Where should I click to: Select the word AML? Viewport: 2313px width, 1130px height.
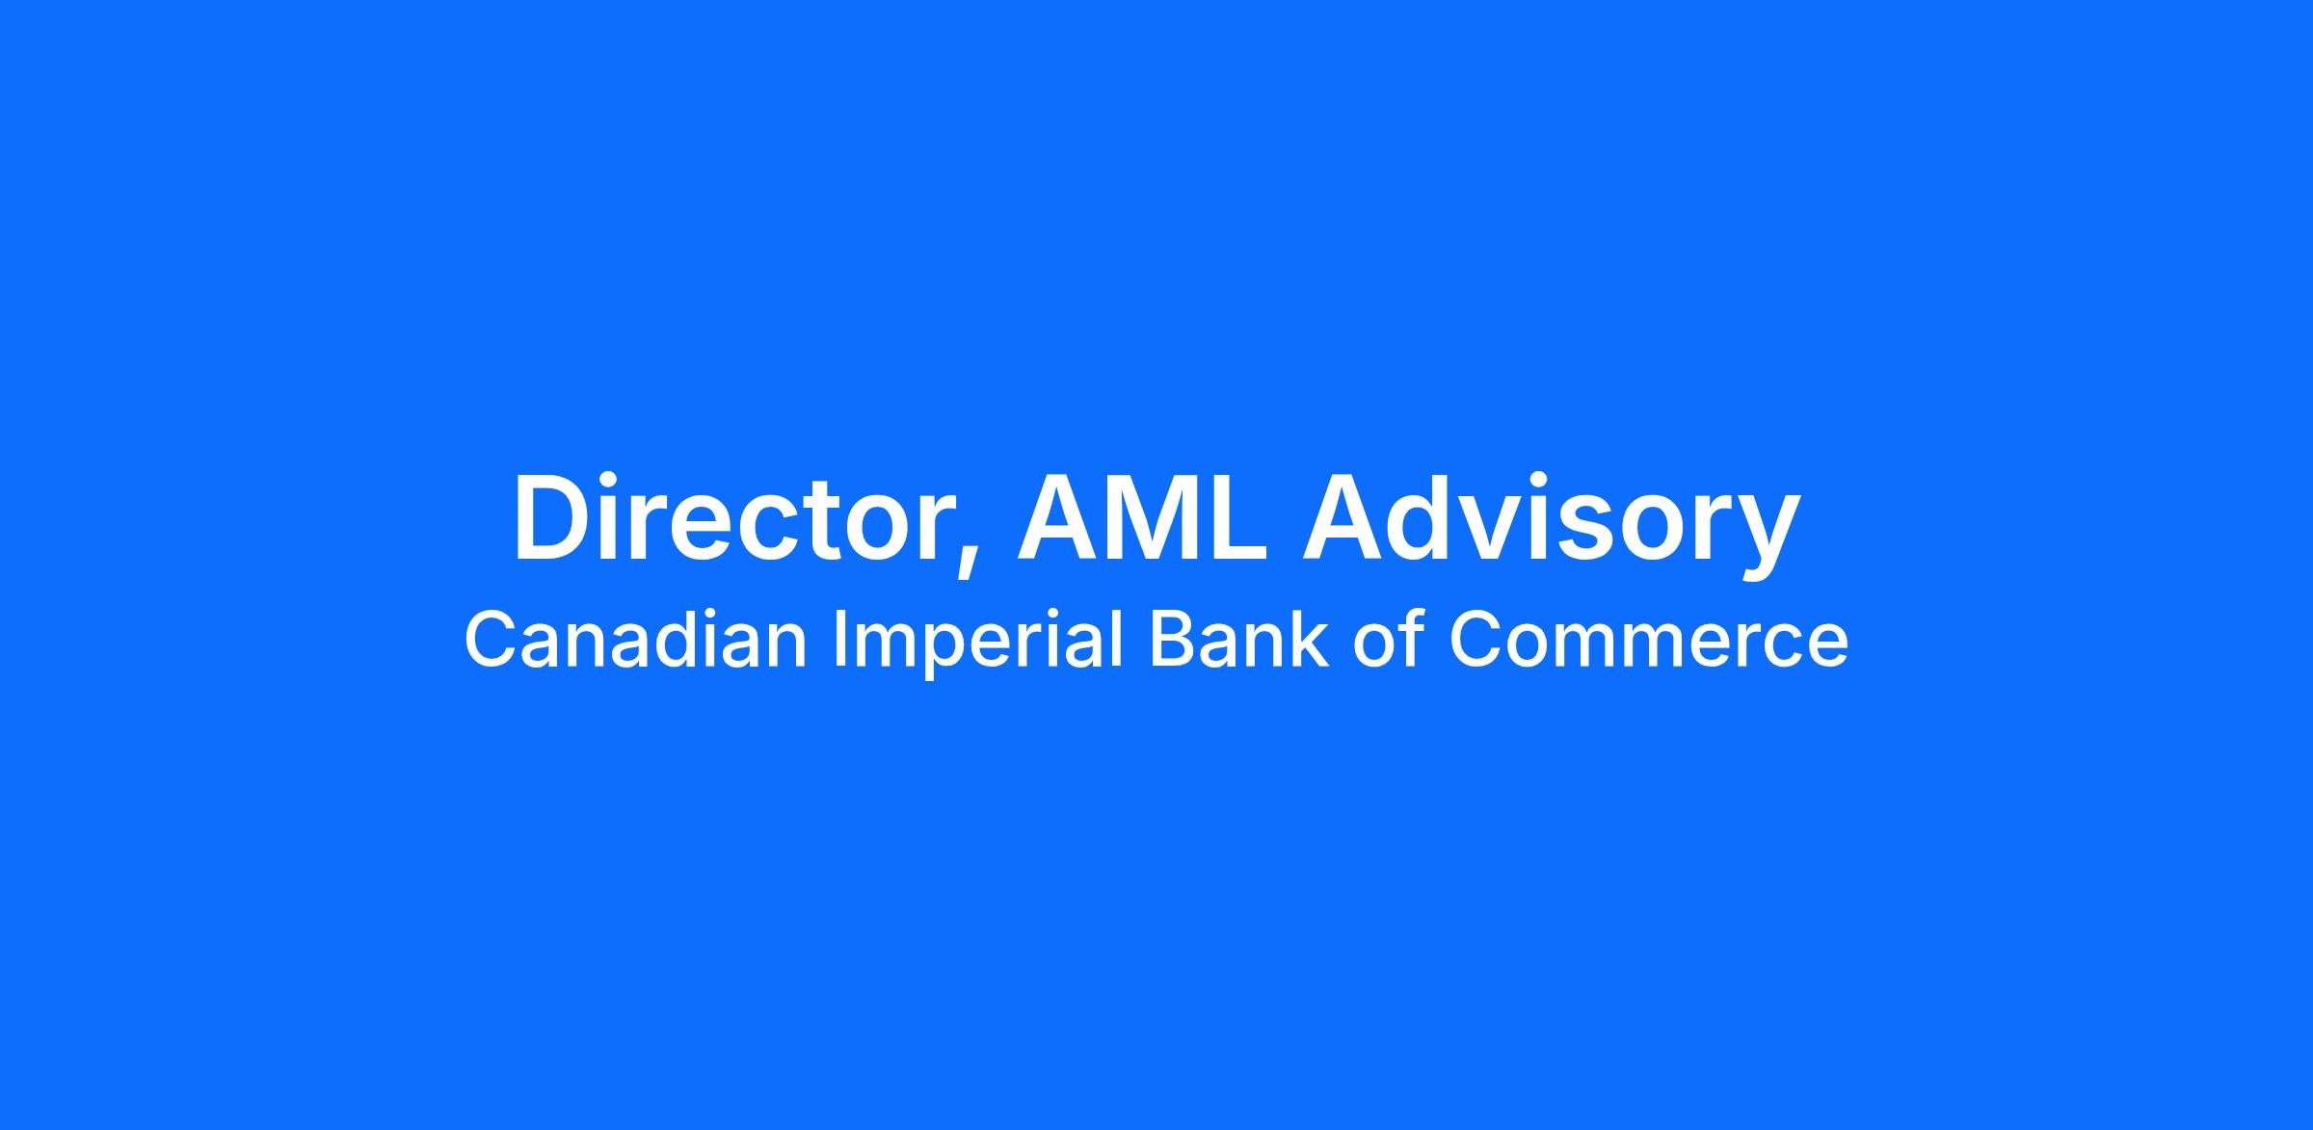pos(1143,516)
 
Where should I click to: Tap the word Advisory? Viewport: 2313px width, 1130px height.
pos(1551,526)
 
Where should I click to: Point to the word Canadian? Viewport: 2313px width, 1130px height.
pos(635,640)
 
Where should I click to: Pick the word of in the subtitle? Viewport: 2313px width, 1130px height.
pos(1388,640)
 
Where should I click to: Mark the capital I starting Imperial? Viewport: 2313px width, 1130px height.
pos(838,640)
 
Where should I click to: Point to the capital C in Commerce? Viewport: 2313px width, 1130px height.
pos(1476,640)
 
